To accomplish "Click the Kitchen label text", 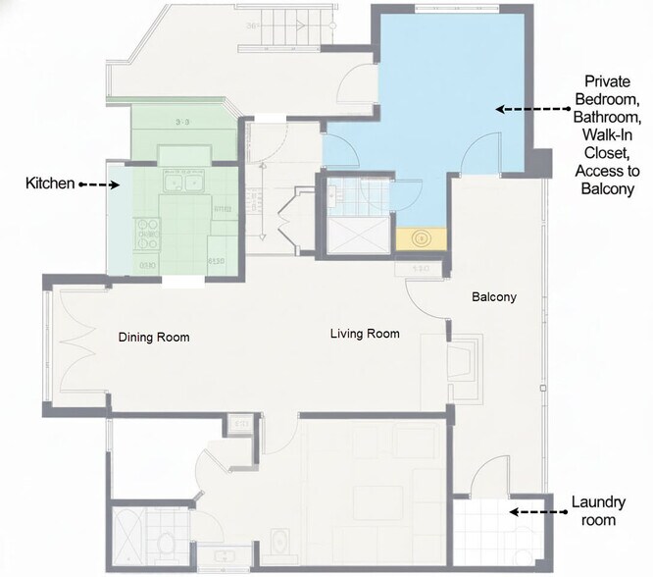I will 46,184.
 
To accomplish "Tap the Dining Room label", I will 154,338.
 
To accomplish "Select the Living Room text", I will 365,334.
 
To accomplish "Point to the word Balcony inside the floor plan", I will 493,297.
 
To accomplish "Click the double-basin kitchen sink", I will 182,182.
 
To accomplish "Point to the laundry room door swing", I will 487,482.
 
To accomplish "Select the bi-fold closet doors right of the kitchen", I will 291,218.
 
